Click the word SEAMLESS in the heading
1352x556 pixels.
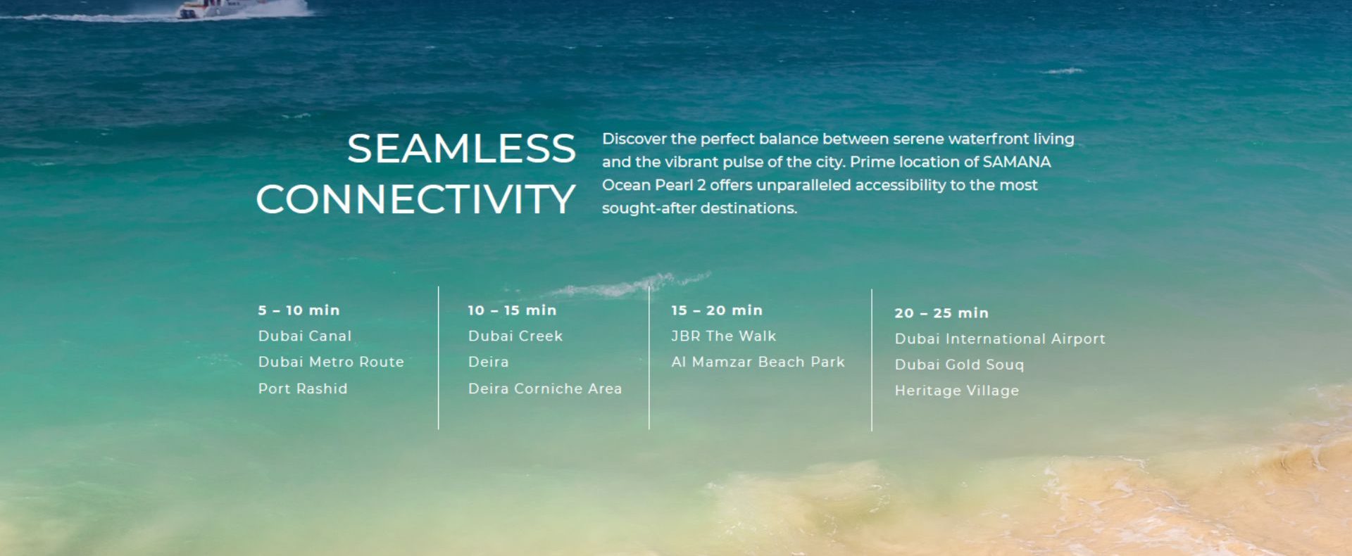pyautogui.click(x=461, y=149)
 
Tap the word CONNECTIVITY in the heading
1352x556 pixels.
pyautogui.click(x=416, y=199)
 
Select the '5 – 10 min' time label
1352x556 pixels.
pyautogui.click(x=299, y=310)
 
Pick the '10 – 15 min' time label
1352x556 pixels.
pyautogui.click(x=512, y=310)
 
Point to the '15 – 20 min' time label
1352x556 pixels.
pyautogui.click(x=717, y=310)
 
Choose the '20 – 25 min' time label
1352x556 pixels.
pyautogui.click(x=941, y=313)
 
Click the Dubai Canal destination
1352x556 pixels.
pyautogui.click(x=305, y=336)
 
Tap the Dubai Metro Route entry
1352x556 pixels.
pyautogui.click(x=331, y=362)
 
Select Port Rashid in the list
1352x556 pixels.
pyautogui.click(x=303, y=388)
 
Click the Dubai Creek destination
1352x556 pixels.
pyautogui.click(x=515, y=336)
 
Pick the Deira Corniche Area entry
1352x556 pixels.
pyautogui.click(x=545, y=388)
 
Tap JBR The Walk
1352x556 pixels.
pyautogui.click(x=724, y=336)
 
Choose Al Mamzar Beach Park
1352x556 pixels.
pyautogui.click(x=758, y=362)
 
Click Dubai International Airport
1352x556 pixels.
pyautogui.click(x=1000, y=339)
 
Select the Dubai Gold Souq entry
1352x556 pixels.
pyautogui.click(x=959, y=365)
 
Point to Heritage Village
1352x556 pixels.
pyautogui.click(x=957, y=391)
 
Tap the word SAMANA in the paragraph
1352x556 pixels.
pyautogui.click(x=1016, y=162)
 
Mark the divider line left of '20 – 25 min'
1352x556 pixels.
pyautogui.click(x=872, y=360)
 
